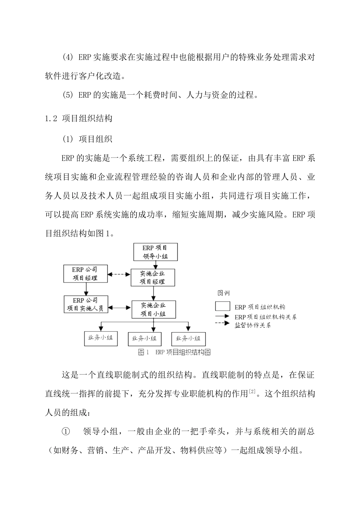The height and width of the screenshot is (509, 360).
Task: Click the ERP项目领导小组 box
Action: coord(155,252)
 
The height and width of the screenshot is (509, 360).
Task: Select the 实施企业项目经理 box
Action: coord(153,277)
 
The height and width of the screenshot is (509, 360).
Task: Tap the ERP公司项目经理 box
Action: coord(86,273)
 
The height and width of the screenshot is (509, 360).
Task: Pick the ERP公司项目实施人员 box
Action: coord(86,304)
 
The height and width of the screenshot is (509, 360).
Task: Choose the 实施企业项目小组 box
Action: coord(153,309)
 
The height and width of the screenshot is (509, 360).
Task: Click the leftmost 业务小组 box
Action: coord(100,338)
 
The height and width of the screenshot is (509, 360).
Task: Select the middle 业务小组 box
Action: coord(144,338)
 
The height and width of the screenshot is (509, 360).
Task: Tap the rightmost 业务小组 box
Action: coord(188,338)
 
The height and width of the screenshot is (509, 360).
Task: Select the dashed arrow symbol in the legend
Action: coord(222,323)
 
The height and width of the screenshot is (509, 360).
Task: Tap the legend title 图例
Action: coord(223,293)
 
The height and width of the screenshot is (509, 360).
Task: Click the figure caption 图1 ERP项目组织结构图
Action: coord(174,353)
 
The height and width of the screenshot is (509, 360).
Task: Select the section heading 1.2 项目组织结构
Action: coord(79,119)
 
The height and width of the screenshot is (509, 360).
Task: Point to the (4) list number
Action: coord(67,58)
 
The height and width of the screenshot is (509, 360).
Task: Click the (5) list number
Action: coord(67,95)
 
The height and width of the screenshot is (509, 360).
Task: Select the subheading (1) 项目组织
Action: coord(87,139)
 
